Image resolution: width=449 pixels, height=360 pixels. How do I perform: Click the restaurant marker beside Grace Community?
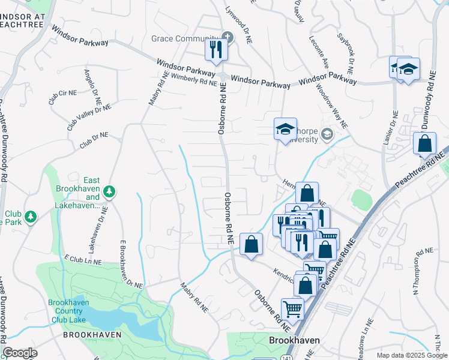[x=217, y=49]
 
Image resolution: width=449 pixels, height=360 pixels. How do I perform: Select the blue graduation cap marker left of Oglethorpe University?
[x=286, y=129]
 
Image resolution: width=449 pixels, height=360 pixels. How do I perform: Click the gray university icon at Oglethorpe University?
[x=327, y=133]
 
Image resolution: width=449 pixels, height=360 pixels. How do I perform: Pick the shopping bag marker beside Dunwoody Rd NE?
[x=424, y=145]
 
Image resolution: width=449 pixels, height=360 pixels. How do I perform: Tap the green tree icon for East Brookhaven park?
[x=109, y=191]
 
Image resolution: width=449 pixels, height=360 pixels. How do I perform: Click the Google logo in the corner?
[x=20, y=353]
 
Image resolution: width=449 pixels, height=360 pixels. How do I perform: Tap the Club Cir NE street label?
[x=63, y=94]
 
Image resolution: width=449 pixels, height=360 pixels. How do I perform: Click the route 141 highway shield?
[x=283, y=358]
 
